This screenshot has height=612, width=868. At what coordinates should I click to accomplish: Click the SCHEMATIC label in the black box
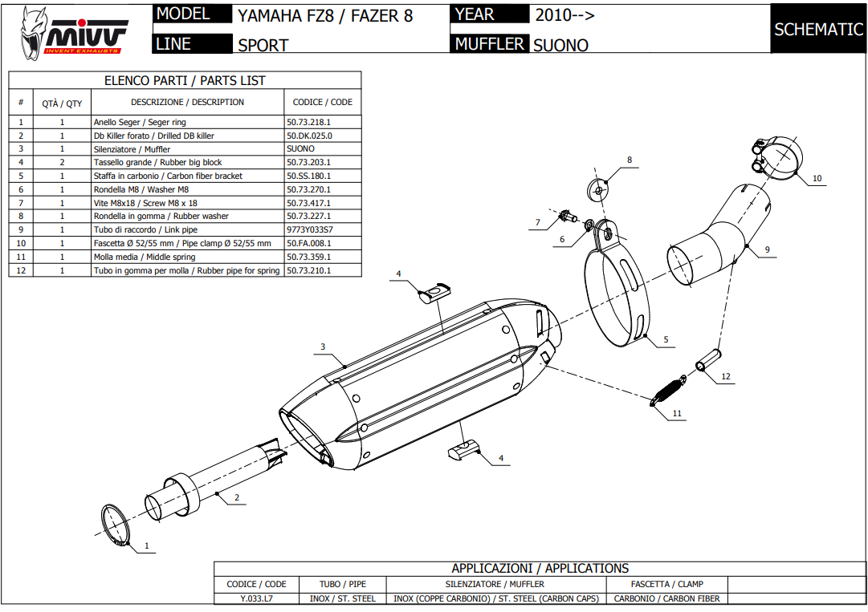[x=818, y=30]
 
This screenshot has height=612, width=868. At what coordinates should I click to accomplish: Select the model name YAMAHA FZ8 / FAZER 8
[x=325, y=15]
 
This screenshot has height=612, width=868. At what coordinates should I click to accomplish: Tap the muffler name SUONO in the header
[x=560, y=46]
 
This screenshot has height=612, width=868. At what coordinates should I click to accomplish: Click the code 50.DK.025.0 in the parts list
[x=309, y=136]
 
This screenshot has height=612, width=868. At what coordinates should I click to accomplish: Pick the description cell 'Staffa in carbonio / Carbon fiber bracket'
[x=168, y=176]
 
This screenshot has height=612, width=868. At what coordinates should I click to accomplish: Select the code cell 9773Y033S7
[x=310, y=229]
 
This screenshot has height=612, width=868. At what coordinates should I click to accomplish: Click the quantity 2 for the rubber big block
[x=62, y=162]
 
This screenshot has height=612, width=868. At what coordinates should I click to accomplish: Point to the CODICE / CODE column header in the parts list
[x=322, y=102]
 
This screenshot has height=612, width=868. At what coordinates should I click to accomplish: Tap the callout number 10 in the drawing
[x=817, y=178]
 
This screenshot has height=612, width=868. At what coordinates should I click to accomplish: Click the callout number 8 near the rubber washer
[x=630, y=160]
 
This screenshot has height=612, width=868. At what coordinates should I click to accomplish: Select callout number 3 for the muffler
[x=323, y=347]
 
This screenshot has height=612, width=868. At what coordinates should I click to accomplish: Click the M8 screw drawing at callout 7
[x=567, y=216]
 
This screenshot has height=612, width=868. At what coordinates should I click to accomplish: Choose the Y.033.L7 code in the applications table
[x=257, y=598]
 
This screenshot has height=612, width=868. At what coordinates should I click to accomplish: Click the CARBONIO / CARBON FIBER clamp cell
[x=666, y=598]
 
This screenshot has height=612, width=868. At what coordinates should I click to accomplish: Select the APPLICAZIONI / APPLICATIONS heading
[x=540, y=568]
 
